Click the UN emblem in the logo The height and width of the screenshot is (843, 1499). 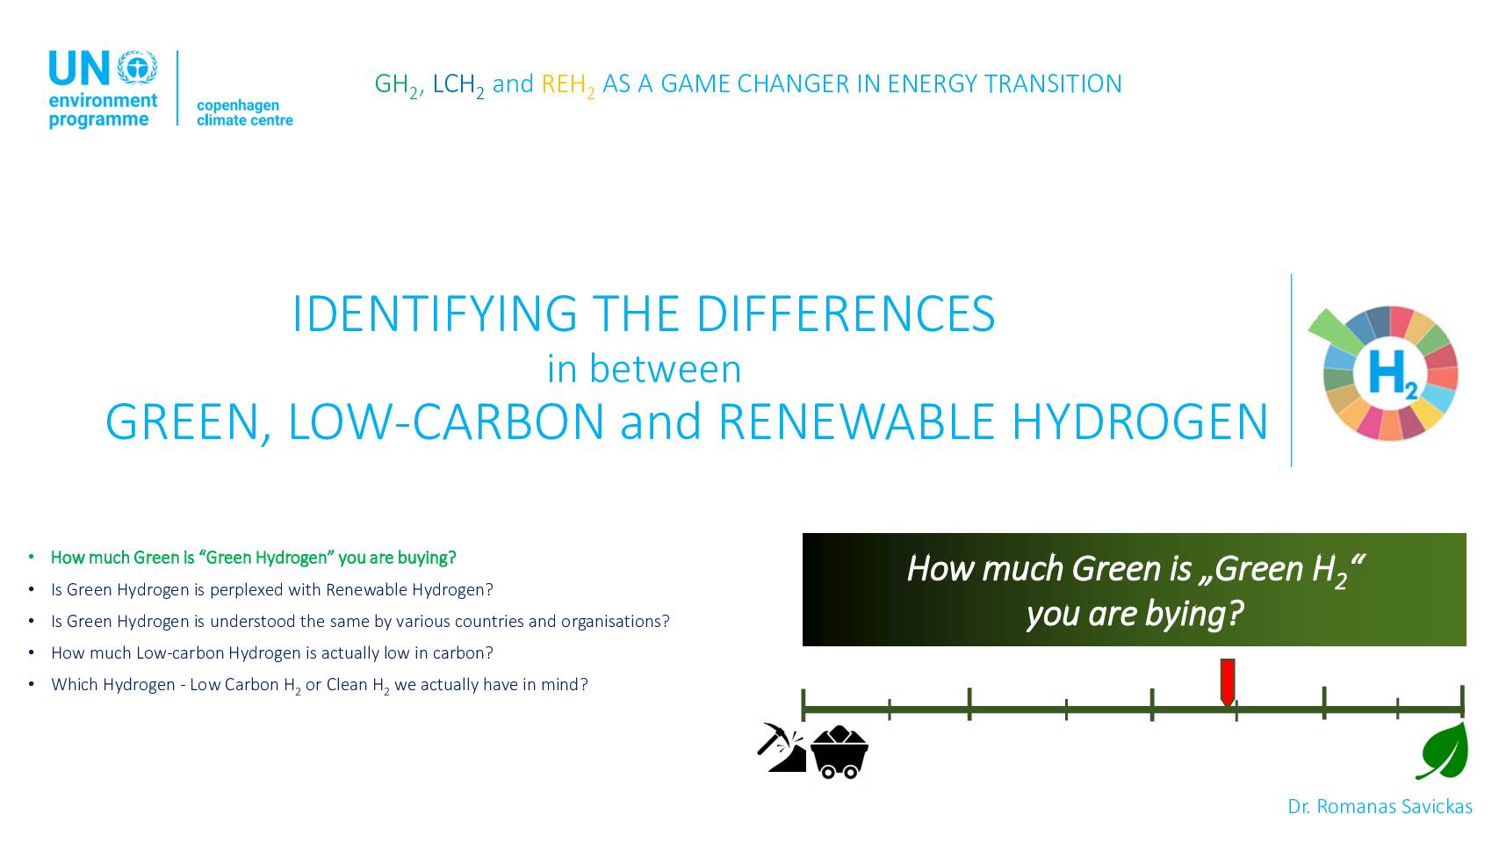coord(137,67)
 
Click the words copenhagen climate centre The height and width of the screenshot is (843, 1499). coord(245,113)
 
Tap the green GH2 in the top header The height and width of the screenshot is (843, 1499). coord(397,86)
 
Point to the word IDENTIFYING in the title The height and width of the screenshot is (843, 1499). coord(435,313)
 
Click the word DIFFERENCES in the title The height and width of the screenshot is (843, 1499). coord(846,313)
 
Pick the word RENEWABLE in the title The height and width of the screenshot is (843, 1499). coord(856,421)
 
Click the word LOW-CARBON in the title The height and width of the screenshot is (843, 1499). coord(446,421)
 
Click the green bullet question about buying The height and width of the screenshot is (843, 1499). coord(253,558)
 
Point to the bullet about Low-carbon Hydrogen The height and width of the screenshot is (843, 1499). coord(271,653)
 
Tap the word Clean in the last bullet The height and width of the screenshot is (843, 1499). coord(347,684)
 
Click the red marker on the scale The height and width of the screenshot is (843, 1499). coord(1228,681)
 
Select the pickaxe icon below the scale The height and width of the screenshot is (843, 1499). coord(782,747)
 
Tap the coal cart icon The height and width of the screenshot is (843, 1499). coord(840,752)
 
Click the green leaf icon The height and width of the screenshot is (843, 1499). coord(1443,752)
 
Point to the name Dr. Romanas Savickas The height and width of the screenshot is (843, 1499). coord(1380,807)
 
